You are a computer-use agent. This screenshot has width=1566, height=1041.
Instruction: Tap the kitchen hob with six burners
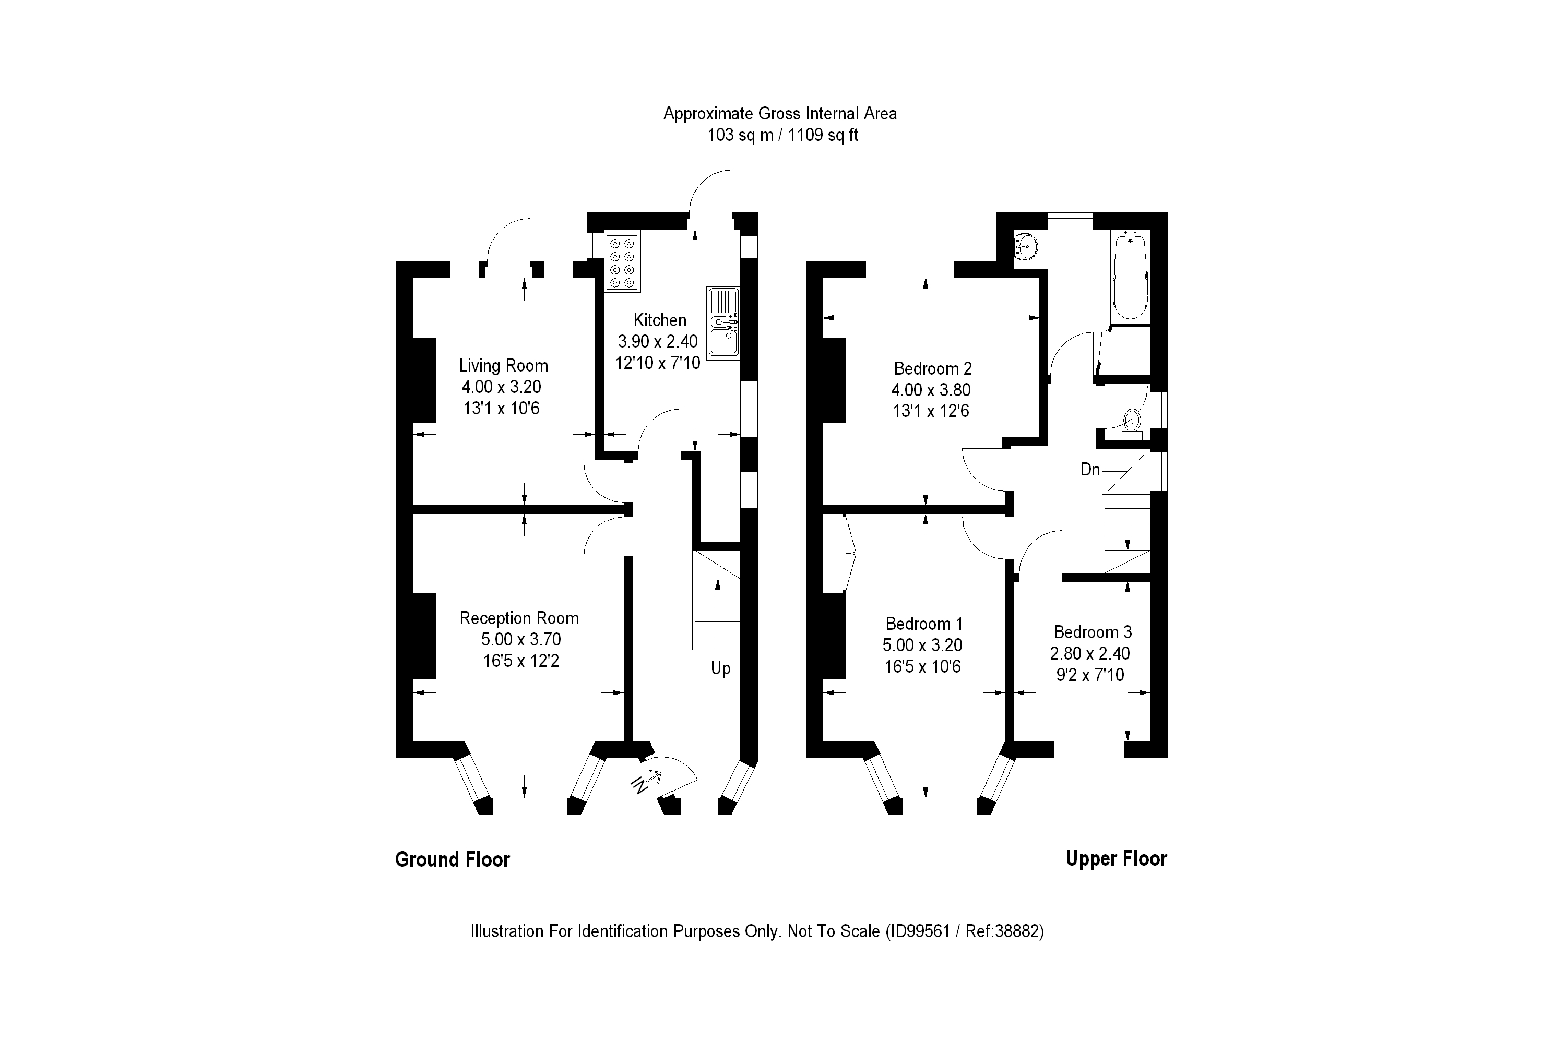[x=622, y=263]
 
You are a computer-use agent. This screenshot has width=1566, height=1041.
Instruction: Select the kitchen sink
[x=723, y=324]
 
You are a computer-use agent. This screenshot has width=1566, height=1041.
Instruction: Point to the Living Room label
[x=503, y=366]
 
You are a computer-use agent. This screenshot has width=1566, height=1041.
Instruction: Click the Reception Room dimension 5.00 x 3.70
[x=520, y=639]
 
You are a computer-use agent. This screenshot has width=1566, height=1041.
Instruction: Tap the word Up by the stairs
[x=720, y=668]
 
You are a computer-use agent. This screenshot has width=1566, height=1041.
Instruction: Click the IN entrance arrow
[x=646, y=782]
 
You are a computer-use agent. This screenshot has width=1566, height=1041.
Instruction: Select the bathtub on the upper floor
[x=1130, y=276]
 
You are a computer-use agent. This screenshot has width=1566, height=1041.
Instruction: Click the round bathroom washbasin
[x=1026, y=247]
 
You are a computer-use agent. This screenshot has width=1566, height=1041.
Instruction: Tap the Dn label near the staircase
[x=1090, y=470]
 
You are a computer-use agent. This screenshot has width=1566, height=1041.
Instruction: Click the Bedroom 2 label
[x=932, y=368]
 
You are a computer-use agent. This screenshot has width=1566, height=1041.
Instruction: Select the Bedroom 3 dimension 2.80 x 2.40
[x=1090, y=653]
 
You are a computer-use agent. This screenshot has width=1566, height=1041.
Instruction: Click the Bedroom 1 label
[x=924, y=624]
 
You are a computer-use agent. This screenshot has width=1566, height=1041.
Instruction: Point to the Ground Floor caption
[x=452, y=860]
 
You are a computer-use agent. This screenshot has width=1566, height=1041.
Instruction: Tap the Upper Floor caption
[x=1116, y=858]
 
